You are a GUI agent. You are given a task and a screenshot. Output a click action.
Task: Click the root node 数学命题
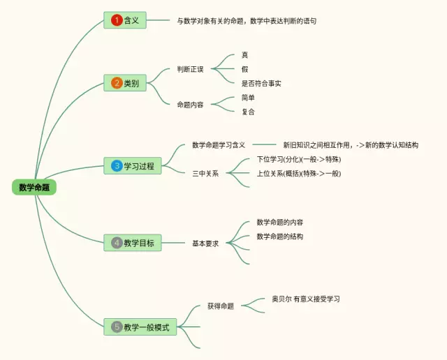tap(34, 187)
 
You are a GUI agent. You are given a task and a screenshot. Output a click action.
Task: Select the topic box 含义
tap(126, 20)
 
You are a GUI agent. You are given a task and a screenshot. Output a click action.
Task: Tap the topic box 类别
tap(126, 83)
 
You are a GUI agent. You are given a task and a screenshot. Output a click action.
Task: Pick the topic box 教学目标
tap(133, 243)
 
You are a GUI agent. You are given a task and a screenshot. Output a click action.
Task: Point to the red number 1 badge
tap(117, 20)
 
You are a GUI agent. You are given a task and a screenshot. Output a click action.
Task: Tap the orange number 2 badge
tap(117, 83)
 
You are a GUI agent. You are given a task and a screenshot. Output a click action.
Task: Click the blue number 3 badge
tap(117, 166)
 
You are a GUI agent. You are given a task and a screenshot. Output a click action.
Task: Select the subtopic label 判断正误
tap(190, 69)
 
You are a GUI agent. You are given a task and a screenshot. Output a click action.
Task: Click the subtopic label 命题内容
tap(190, 104)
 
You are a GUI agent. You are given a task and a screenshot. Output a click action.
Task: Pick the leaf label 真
tap(244, 54)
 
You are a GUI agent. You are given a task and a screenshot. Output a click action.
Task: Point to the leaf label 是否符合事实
tap(261, 83)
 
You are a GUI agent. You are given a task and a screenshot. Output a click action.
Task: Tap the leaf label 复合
tap(248, 112)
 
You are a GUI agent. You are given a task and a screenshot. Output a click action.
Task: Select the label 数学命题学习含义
tap(219, 145)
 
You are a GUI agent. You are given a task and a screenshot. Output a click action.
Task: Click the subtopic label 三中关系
tap(205, 173)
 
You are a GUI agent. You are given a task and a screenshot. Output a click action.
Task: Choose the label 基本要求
tap(205, 243)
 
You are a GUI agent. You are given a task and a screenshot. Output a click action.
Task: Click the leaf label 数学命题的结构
tap(280, 237)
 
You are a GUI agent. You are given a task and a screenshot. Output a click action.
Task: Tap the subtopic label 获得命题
tap(221, 306)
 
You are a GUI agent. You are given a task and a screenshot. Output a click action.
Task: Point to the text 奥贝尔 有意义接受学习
tap(306, 299)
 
